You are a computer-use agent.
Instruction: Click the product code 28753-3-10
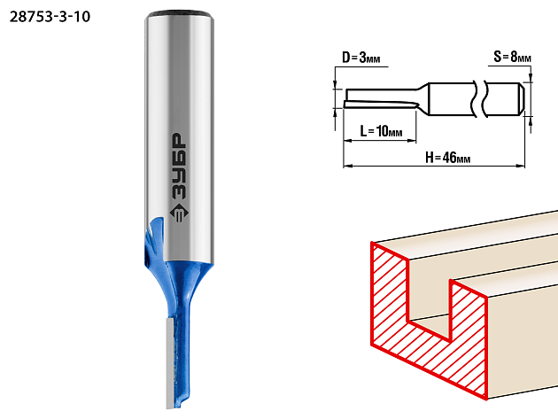(x=50, y=17)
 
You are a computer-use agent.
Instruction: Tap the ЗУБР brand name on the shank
(x=179, y=167)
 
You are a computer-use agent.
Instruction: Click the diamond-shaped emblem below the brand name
(x=179, y=213)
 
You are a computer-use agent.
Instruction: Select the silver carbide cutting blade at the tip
(x=170, y=363)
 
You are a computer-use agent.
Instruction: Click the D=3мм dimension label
(x=360, y=58)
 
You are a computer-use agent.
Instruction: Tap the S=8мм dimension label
(x=512, y=56)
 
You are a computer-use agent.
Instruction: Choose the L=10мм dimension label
(x=381, y=131)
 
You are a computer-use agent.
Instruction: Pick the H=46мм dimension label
(x=447, y=157)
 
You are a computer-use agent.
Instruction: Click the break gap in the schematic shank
(x=479, y=99)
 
